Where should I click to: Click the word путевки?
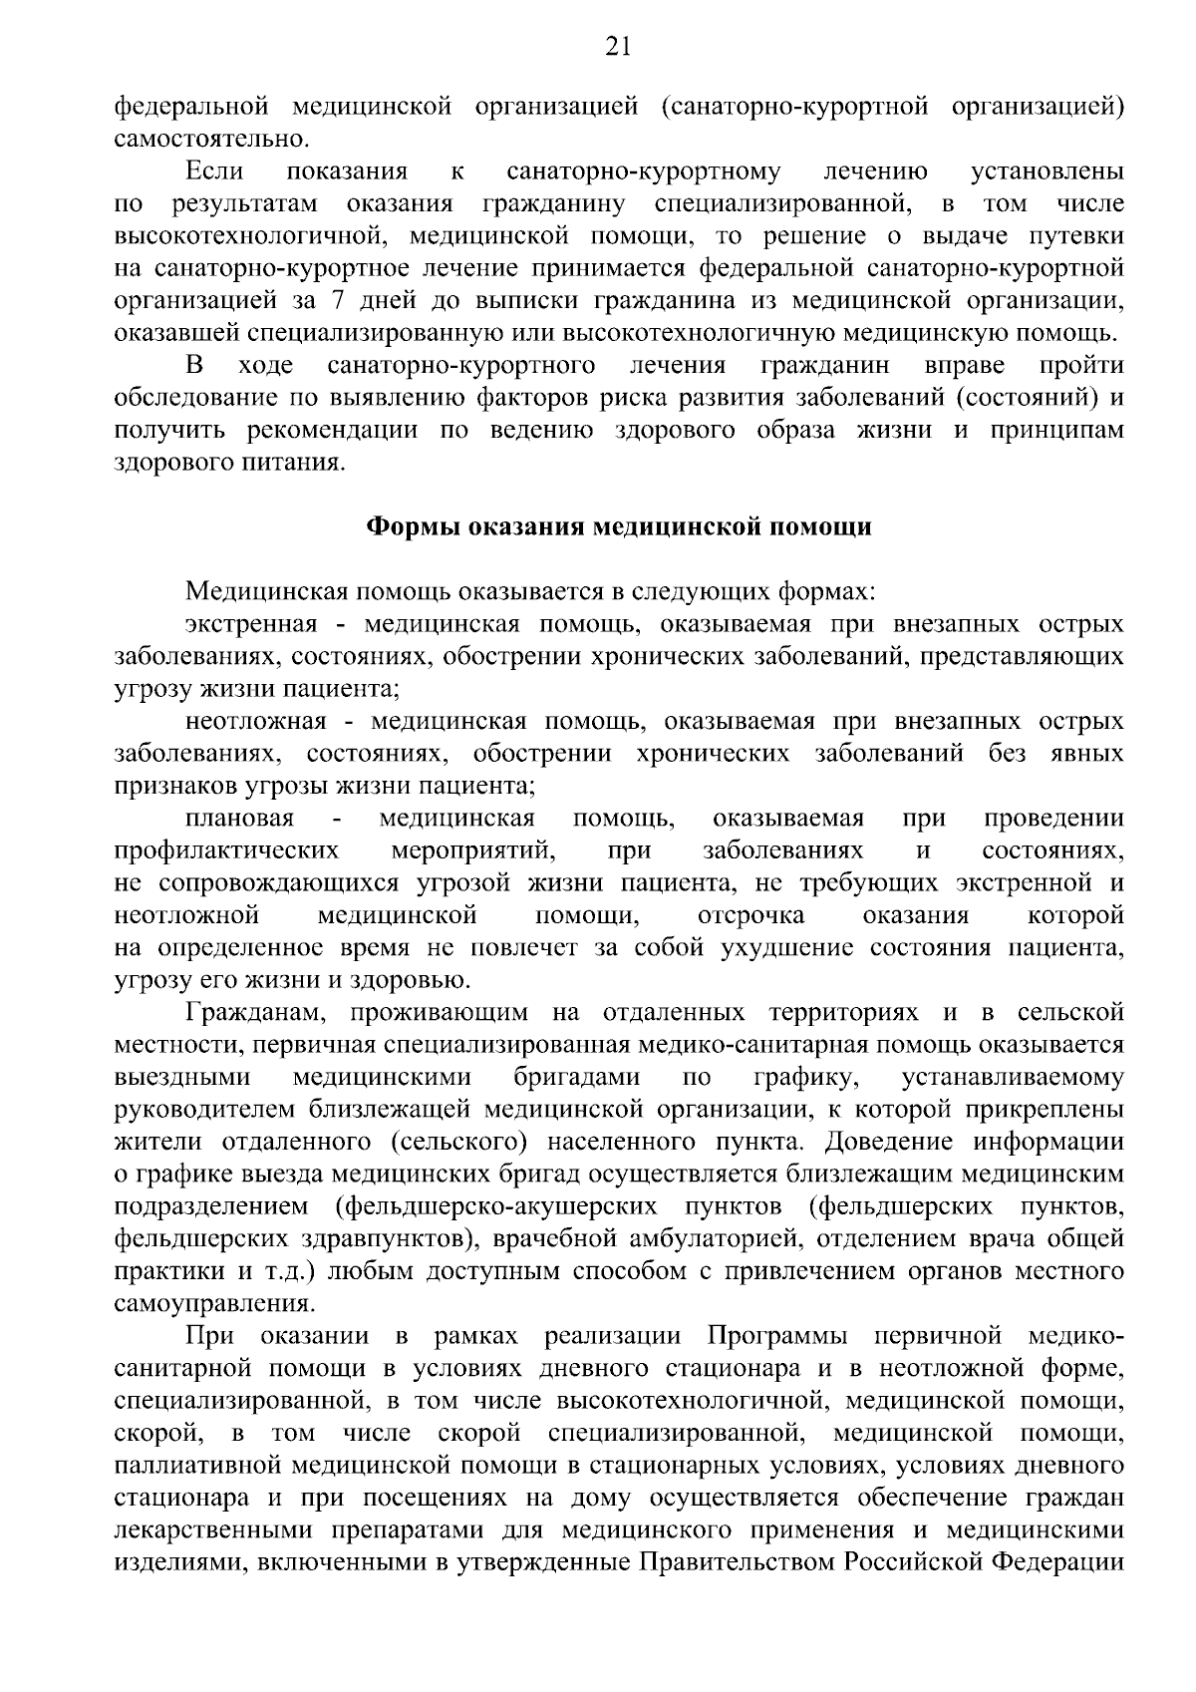(1081, 236)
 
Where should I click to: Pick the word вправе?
(964, 365)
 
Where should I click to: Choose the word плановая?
(239, 819)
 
